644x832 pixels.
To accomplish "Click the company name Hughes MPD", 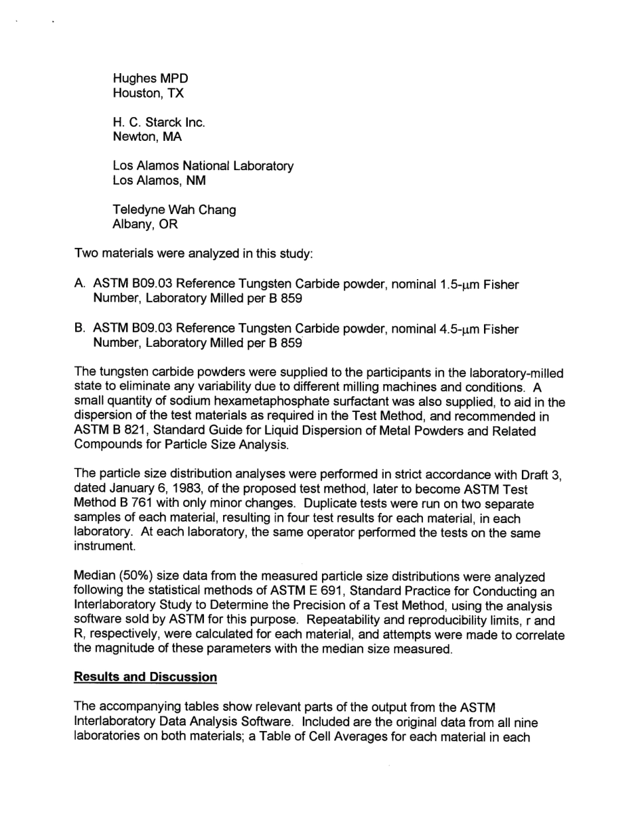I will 150,79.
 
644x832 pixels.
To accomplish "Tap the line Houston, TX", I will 148,93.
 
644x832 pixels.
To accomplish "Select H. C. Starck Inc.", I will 159,123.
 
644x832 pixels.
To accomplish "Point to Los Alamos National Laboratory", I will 203,166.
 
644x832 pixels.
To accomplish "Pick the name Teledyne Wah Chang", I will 174,210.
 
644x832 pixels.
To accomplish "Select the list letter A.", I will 79,285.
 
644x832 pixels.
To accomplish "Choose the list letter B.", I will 79,329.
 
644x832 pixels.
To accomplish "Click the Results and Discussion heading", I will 145,677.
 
